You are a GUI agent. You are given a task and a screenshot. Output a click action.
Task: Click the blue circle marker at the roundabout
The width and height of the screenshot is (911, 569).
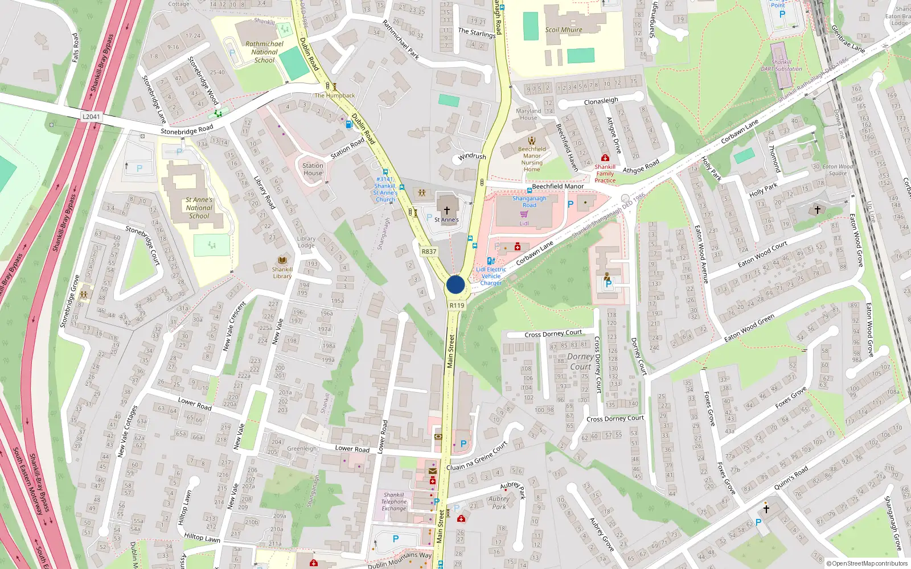coord(455,284)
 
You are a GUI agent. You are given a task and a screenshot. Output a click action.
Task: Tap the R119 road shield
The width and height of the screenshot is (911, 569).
coord(457,306)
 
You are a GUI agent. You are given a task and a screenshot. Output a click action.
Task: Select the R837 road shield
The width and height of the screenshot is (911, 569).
coord(429,251)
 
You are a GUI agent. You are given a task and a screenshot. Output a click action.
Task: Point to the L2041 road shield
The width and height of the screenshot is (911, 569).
coord(91,117)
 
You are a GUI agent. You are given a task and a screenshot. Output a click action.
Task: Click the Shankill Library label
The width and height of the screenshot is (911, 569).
coord(282,273)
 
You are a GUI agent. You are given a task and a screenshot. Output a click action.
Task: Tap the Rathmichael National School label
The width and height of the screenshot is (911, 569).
coord(264,52)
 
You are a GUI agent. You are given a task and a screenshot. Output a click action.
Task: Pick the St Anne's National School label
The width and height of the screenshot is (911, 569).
coord(199,208)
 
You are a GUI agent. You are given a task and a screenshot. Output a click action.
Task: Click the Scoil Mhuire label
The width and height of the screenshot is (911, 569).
coord(564,30)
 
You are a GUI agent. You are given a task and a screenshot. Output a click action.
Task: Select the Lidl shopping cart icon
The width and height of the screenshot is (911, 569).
coord(524,215)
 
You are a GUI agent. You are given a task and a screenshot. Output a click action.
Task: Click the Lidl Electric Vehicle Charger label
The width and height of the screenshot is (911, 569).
coord(491,276)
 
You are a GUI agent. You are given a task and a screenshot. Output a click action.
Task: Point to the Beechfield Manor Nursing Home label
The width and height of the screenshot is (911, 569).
coord(532,159)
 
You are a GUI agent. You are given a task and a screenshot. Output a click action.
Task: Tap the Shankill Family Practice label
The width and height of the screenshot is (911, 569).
coord(605,174)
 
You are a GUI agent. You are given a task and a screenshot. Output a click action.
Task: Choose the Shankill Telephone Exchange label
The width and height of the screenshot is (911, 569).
coord(394,501)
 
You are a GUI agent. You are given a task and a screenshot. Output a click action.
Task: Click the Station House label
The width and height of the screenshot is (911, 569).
coord(313,169)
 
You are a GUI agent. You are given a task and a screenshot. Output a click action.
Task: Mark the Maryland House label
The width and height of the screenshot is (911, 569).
coord(528,114)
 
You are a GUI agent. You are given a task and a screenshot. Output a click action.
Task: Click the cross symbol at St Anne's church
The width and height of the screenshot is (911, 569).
coord(447,211)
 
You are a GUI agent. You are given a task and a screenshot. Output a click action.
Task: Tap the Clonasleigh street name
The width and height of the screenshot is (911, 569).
coord(601,101)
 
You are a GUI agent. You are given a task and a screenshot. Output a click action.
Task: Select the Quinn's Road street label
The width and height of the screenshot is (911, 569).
coord(791,478)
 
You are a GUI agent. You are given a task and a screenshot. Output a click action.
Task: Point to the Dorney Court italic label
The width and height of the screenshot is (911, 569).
coord(580,361)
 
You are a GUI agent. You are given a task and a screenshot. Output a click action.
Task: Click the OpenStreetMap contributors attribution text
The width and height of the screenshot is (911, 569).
coord(867,563)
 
